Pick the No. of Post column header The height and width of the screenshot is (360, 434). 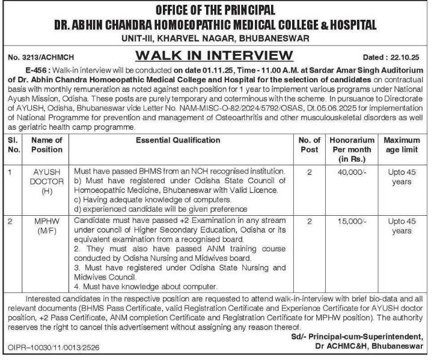click(x=309, y=144)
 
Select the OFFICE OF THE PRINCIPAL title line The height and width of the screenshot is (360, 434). click(x=216, y=10)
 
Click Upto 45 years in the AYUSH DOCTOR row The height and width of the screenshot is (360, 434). click(x=401, y=177)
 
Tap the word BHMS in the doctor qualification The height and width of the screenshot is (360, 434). click(x=141, y=172)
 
